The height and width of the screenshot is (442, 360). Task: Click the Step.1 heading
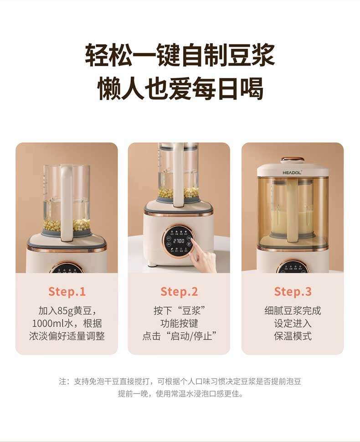click(67, 291)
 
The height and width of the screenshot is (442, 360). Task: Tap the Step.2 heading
click(179, 291)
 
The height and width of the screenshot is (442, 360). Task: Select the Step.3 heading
click(293, 291)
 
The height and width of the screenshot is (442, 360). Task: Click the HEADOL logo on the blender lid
click(292, 172)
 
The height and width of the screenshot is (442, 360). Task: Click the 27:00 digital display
click(179, 241)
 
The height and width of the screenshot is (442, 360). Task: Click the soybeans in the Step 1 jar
click(67, 225)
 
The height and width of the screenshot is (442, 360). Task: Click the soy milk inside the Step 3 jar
click(293, 223)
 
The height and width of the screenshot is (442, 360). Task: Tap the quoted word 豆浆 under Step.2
click(191, 311)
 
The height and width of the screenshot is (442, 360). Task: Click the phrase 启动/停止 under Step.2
click(191, 336)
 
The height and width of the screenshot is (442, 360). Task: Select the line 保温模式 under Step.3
click(293, 336)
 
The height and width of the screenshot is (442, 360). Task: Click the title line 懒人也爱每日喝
click(180, 88)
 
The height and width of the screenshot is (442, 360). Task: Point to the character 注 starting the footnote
click(63, 382)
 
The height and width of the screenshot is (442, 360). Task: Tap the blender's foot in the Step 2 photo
click(152, 265)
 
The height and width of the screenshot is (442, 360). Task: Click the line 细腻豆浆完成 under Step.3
click(293, 311)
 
